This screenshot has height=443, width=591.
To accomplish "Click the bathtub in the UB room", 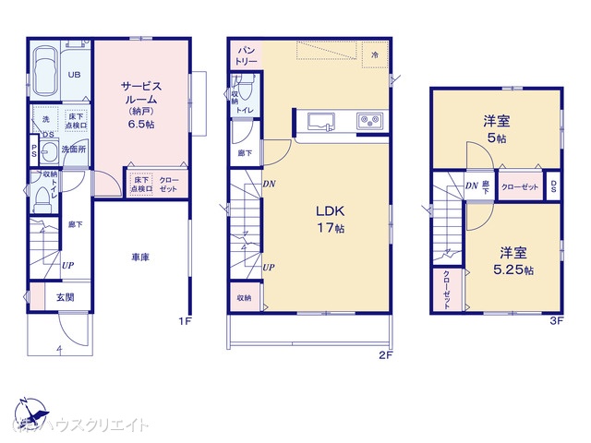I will coord(45,66).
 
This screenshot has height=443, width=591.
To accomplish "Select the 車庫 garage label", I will coord(140,257).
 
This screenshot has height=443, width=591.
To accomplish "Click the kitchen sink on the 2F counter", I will coord(320,120).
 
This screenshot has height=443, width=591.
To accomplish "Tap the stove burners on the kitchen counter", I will coord(368,120).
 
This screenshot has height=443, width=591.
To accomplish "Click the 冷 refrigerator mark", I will coord(375,55).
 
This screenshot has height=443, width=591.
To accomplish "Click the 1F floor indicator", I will coord(185,321).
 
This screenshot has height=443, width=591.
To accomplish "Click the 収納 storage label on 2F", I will coord(244,297).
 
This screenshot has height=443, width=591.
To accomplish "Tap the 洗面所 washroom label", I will coord(74,148).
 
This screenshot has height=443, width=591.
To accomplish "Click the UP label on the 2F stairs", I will coord(268,268).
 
